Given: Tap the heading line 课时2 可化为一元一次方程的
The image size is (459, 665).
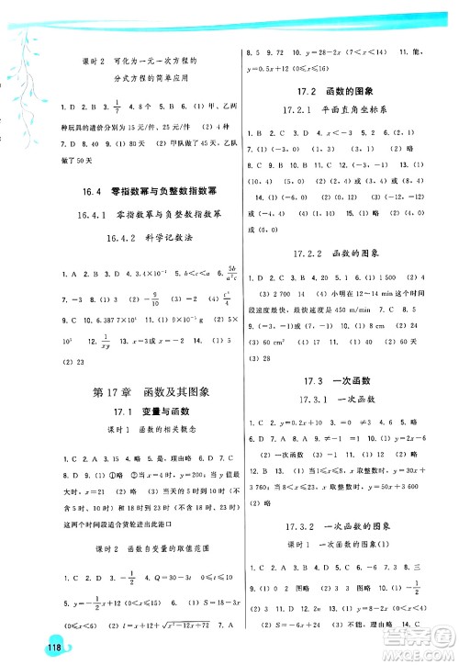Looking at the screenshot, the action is coord(137,61).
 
